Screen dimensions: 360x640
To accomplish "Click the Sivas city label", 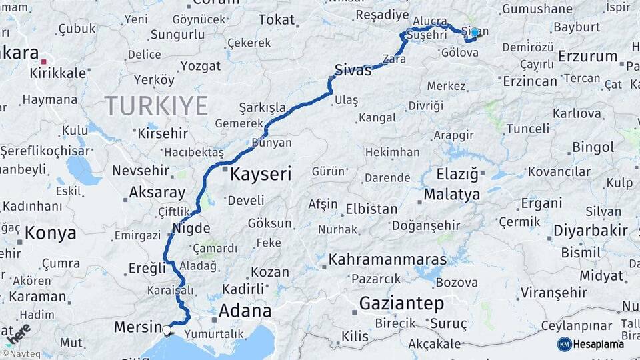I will pos(353,70).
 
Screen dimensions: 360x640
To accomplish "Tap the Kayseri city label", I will pos(261,175).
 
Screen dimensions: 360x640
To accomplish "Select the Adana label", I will pos(245,311).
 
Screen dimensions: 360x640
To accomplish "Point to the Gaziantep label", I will pos(401,304).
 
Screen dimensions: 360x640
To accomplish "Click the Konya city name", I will pos(51,233).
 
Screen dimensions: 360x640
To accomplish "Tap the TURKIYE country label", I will pos(156,105).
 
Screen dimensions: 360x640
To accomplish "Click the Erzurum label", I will pos(588,56).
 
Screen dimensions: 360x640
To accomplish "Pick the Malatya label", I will pos(452,195).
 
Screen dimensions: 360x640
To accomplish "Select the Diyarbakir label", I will pos(591,231).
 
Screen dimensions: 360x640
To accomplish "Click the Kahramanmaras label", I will pos(388,259).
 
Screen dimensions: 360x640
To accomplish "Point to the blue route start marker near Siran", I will pos(475,32).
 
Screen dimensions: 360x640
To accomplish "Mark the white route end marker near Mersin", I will pos(166,329).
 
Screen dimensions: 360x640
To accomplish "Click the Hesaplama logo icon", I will pos(565,344).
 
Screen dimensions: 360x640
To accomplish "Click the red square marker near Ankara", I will pos(44,61).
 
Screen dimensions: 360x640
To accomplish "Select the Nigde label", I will pos(191,229).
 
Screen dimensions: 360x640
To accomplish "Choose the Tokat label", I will pos(277,20).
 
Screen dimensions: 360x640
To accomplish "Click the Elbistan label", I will pos(371,209).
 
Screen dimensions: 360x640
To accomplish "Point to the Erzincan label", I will pos(530,81).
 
